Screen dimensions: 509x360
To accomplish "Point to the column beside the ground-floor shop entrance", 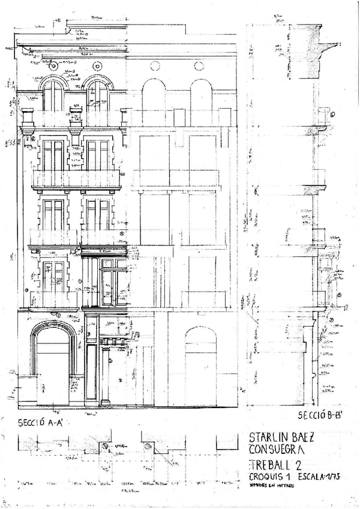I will (x=105, y=375).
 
